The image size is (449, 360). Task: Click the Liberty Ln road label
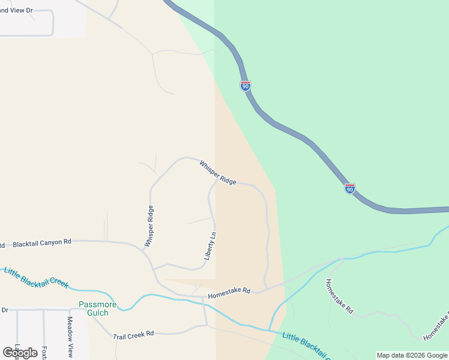(209, 245)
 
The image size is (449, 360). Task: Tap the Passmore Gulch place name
(94, 308)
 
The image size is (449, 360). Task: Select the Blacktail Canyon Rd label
(42, 242)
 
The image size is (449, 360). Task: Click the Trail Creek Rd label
(133, 334)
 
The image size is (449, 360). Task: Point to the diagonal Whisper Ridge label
(218, 172)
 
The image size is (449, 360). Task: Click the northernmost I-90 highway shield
(245, 86)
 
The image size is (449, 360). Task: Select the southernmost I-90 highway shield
(350, 188)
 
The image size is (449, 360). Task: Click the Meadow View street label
(70, 337)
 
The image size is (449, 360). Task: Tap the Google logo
(20, 352)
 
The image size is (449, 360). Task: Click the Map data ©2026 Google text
(412, 355)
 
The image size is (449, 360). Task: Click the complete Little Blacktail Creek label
(36, 277)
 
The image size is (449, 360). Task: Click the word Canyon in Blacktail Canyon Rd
(52, 242)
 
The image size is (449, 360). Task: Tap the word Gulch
(94, 313)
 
